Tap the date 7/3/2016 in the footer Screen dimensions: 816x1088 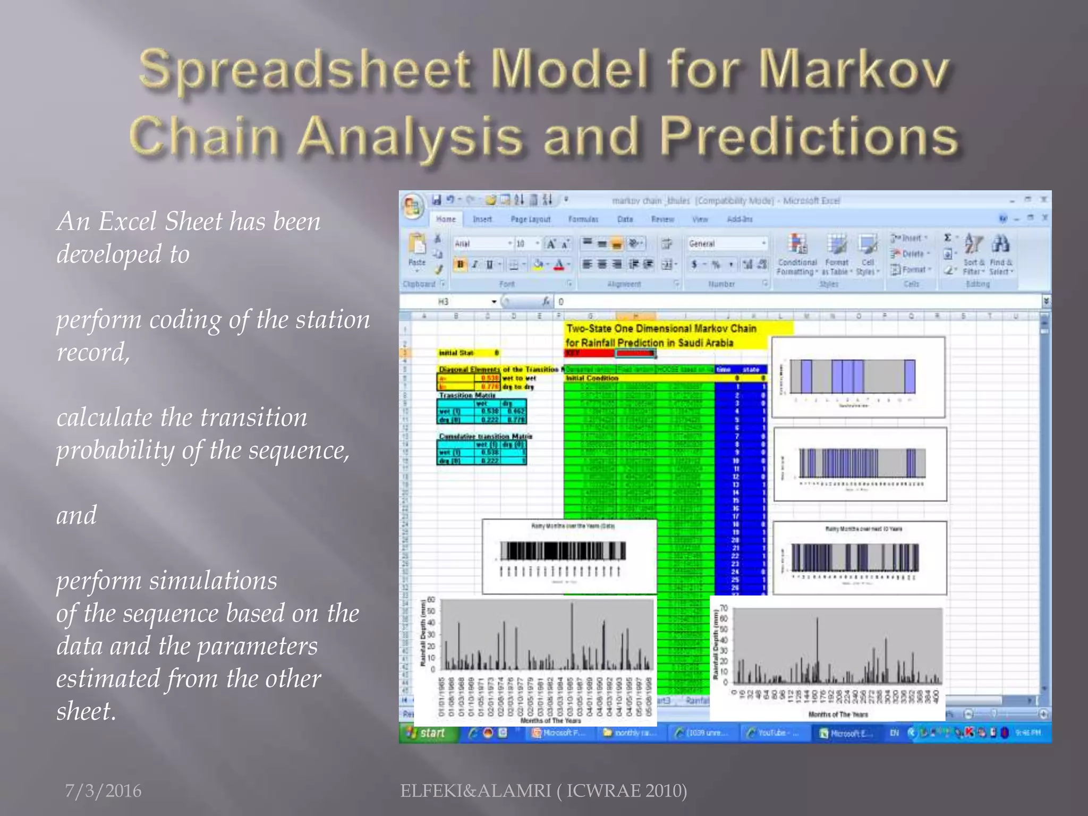pos(103,790)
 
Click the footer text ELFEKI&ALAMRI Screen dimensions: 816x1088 pos(476,790)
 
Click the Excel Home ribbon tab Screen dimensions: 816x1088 pos(446,219)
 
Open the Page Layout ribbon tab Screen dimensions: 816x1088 pos(530,219)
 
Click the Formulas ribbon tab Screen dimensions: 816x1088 pos(583,219)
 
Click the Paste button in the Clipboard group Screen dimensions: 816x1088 pos(417,250)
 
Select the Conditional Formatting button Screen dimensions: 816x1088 pos(797,255)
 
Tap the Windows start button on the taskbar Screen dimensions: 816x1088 pos(428,733)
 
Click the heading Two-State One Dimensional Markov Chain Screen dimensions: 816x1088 pos(661,328)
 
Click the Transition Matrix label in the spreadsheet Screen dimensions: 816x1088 pos(466,395)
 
